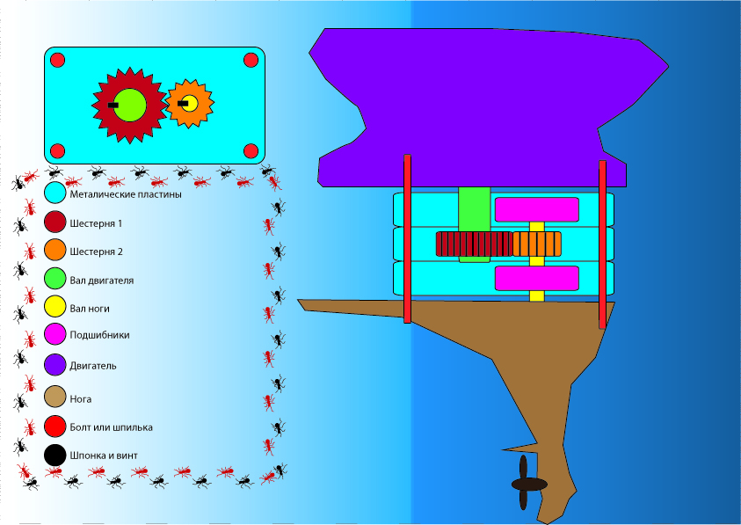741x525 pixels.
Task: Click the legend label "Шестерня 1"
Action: coord(96,223)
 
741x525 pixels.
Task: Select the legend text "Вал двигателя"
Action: coord(102,281)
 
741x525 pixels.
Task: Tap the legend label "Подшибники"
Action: coord(100,335)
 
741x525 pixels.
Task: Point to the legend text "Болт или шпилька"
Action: coord(111,427)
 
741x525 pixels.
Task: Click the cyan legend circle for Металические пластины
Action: coord(55,193)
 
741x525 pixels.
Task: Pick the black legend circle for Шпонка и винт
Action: coord(55,456)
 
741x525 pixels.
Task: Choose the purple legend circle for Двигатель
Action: coord(55,364)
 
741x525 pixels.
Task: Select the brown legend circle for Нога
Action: coord(55,397)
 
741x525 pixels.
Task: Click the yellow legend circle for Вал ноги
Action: coord(55,307)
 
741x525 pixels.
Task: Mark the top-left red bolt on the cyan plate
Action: coord(57,60)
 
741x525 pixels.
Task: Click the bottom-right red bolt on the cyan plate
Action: coord(251,149)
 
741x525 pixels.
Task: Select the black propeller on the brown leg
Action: coord(526,483)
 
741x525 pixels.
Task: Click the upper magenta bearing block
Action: coord(536,209)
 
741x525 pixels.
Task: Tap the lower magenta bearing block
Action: coord(536,278)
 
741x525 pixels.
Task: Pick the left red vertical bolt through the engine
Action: coord(408,238)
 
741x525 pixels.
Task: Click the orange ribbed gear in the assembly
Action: coord(536,244)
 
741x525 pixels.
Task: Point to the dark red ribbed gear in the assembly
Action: coord(473,244)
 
